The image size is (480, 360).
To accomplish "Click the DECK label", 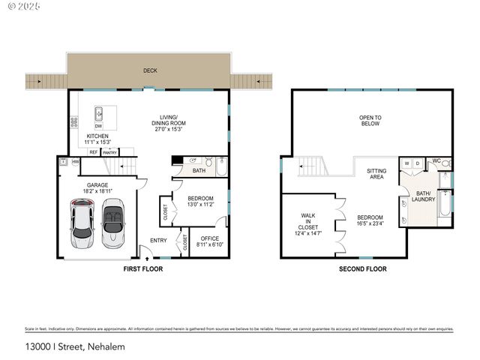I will [151, 71].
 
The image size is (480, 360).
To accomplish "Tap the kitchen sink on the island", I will [98, 114].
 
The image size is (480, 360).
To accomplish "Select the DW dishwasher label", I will [98, 126].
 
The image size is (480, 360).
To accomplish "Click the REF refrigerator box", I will [94, 151].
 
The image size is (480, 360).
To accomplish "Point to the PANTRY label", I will [110, 151].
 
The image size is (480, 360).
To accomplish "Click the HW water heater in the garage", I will [75, 161].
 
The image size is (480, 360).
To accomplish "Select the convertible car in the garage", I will [112, 223].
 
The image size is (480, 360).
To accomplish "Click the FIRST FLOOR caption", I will [142, 268].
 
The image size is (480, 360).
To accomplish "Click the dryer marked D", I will [418, 163].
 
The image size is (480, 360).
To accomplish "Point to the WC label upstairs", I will [436, 160].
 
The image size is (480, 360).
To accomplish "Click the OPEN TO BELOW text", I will [370, 120].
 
